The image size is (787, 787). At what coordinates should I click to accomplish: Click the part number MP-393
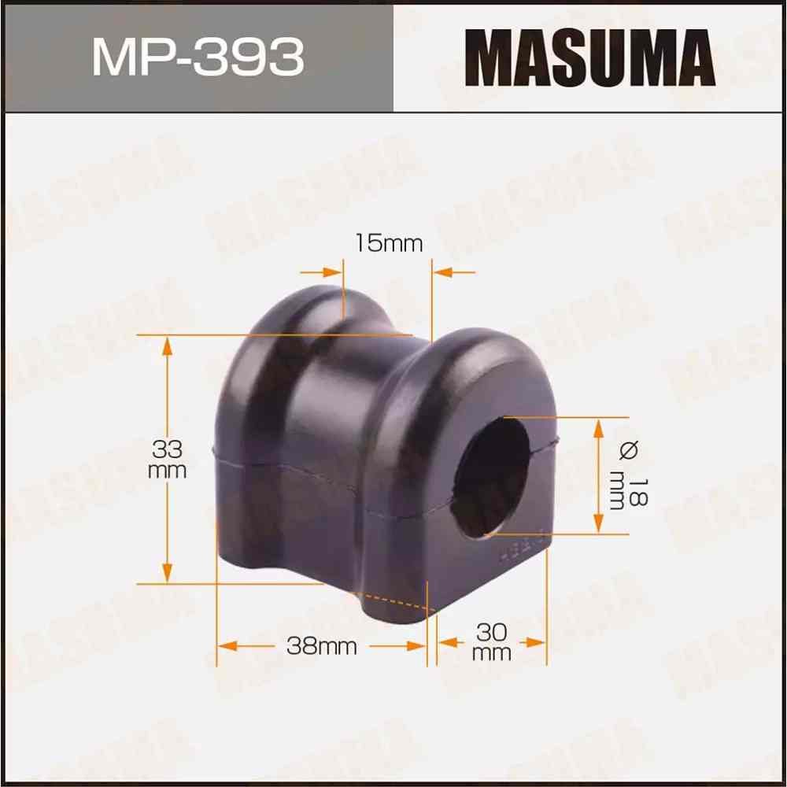[x=198, y=57]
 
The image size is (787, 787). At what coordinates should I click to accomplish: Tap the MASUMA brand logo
[x=589, y=56]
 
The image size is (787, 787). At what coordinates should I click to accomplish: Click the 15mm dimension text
[x=388, y=243]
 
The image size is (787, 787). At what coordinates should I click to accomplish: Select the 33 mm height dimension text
[x=168, y=460]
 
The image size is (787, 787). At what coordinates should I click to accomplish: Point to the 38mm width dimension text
[x=322, y=647]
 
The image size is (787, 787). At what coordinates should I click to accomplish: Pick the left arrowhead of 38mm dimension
[x=225, y=646]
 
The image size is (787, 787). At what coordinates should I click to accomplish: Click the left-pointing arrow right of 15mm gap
[x=443, y=272]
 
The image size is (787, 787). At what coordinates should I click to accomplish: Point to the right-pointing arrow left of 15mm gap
[x=334, y=272]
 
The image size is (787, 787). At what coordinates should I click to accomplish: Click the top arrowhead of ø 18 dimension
[x=598, y=427]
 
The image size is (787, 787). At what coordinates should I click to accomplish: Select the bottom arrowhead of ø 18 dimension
[x=598, y=524]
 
